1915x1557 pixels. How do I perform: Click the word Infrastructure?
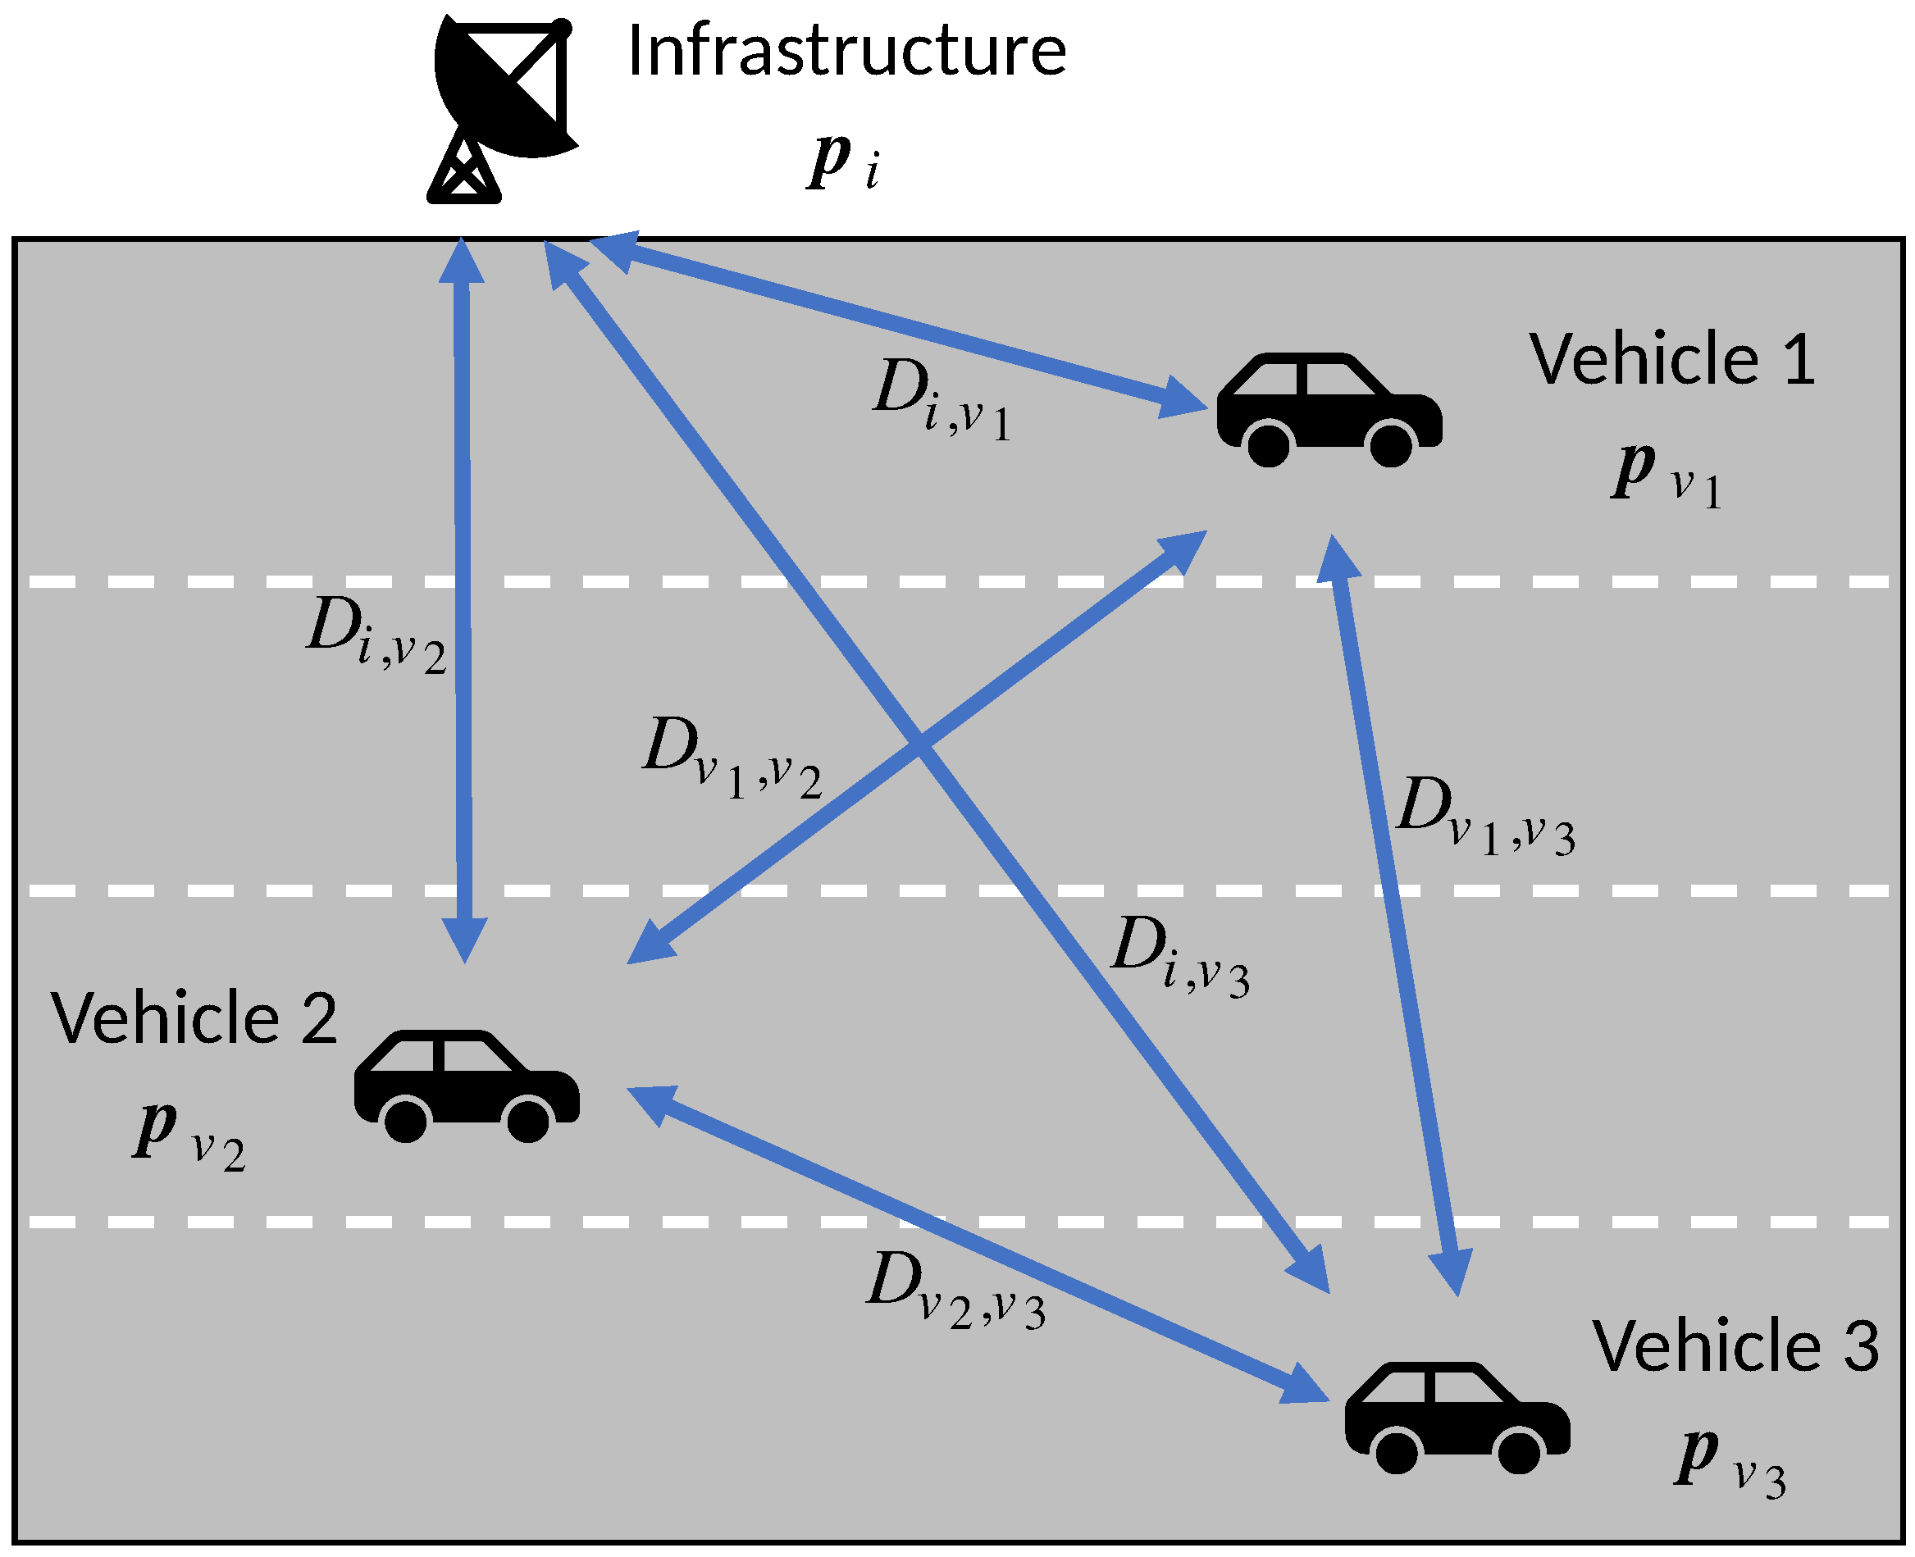[846, 51]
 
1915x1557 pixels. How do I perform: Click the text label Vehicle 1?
[1672, 359]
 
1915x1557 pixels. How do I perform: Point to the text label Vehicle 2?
[194, 1018]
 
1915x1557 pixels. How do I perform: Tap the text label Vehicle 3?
[1735, 1346]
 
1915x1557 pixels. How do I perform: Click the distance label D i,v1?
[942, 399]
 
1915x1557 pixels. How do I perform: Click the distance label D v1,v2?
[732, 758]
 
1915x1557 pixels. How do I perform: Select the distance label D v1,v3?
[1485, 816]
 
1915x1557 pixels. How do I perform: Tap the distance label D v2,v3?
[956, 1291]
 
